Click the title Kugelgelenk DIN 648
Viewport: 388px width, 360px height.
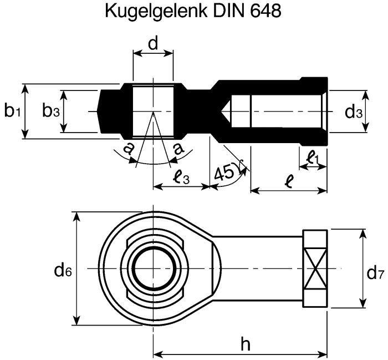point(193,12)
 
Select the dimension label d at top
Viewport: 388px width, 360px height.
point(153,44)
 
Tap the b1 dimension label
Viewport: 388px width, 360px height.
point(12,111)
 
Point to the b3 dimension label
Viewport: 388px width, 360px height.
point(51,111)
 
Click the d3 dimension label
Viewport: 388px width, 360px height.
point(353,112)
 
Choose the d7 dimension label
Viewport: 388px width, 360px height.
point(375,272)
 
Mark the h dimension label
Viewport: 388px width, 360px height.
point(245,344)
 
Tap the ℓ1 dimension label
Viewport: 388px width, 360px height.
point(313,159)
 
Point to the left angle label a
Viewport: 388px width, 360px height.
point(128,148)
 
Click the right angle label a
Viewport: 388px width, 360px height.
point(178,148)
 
